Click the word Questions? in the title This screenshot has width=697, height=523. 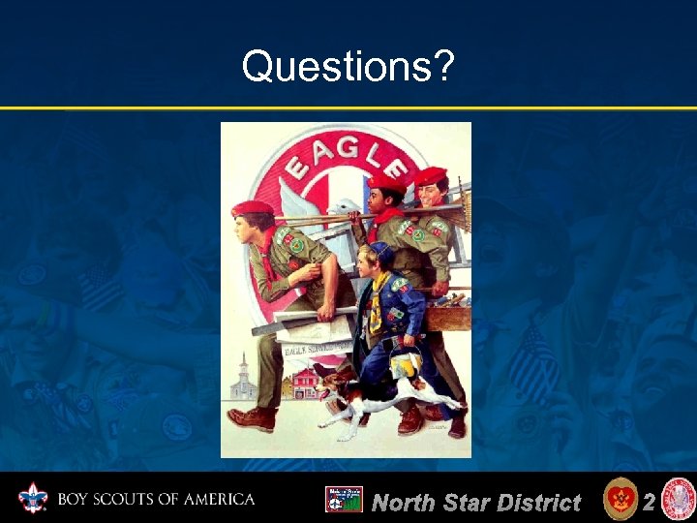point(348,67)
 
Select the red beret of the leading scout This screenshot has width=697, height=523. point(254,208)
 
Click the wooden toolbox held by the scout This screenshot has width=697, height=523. point(447,315)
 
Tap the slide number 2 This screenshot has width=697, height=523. point(649,501)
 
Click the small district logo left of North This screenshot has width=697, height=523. point(344,500)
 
